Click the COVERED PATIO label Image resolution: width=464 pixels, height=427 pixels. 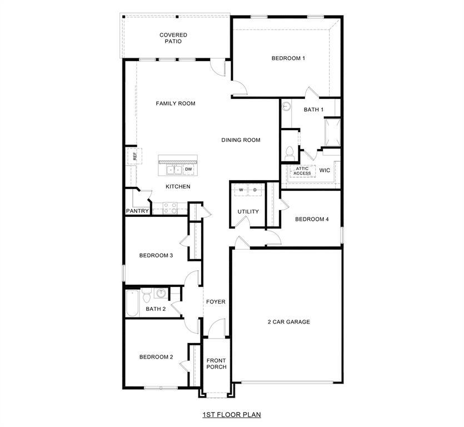click(173, 38)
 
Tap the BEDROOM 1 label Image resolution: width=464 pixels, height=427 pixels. click(288, 58)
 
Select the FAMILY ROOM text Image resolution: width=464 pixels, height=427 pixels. click(176, 103)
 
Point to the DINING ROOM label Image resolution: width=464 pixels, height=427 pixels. click(241, 140)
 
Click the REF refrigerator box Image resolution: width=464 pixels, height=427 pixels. click(134, 156)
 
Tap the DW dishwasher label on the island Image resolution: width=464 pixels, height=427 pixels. click(188, 169)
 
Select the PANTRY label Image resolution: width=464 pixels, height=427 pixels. click(137, 211)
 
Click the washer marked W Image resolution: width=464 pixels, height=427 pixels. click(241, 190)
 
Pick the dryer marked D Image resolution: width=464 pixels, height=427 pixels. click(255, 190)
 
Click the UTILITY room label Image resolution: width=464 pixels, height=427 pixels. click(248, 212)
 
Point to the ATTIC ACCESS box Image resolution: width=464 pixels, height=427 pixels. click(302, 171)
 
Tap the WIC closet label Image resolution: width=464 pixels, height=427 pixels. click(325, 170)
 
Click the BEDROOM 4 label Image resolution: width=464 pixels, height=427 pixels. click(312, 219)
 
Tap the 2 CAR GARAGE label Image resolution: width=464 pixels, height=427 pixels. click(289, 322)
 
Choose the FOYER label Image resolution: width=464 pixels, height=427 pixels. click(216, 302)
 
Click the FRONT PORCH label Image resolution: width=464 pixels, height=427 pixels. click(216, 364)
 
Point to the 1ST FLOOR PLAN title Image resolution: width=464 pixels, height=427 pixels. click(232, 414)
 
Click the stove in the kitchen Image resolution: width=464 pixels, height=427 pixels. click(169, 208)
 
